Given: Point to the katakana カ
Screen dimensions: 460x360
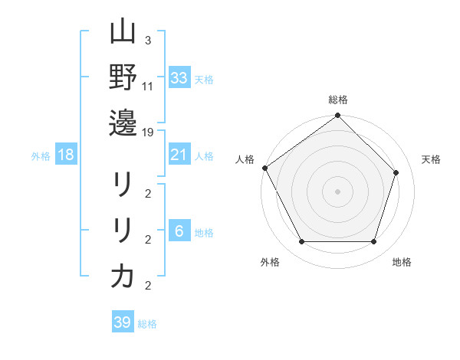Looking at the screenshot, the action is pos(123,276).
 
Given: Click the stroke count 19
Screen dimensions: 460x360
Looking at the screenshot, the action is pos(149,133).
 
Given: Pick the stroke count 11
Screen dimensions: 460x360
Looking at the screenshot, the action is pos(148,87).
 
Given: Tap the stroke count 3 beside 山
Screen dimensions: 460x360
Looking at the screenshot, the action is pos(147,41).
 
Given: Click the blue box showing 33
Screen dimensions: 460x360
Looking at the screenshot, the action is pos(179,78).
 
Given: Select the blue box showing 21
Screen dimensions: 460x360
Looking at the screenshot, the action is pos(179,155).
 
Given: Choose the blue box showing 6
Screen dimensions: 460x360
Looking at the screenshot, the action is pos(179,231).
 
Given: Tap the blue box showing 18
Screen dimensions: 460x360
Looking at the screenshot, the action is pos(66,155).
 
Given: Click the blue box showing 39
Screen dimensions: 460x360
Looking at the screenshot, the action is pos(122,322).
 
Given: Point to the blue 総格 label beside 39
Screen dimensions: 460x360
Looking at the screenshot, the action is pos(147,324).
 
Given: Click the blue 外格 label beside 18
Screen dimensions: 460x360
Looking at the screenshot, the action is pos(41,156).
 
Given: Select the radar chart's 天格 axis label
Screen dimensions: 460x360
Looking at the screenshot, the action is pos(431,159).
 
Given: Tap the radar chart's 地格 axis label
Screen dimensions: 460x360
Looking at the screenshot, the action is pos(402,262).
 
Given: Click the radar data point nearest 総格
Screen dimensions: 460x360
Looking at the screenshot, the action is pos(337,116).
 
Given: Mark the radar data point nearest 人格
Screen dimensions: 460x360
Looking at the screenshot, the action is pos(265,168).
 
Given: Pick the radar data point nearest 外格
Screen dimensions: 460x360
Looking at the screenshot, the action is pos(301,242).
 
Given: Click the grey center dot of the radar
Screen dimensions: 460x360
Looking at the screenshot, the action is pos(337,191).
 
